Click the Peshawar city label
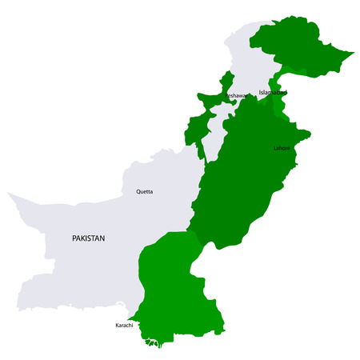tap(237, 95)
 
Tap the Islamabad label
tap(272, 92)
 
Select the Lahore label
tap(282, 148)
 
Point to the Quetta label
tap(145, 191)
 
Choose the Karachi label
tap(124, 326)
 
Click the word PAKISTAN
tap(89, 238)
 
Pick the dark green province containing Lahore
tap(248, 184)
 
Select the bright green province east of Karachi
tap(176, 288)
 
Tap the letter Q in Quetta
tap(138, 191)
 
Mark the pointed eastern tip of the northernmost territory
tap(353, 54)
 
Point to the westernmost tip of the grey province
tap(8, 194)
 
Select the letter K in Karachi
tap(117, 326)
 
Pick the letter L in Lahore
tap(275, 148)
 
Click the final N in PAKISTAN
tap(103, 238)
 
